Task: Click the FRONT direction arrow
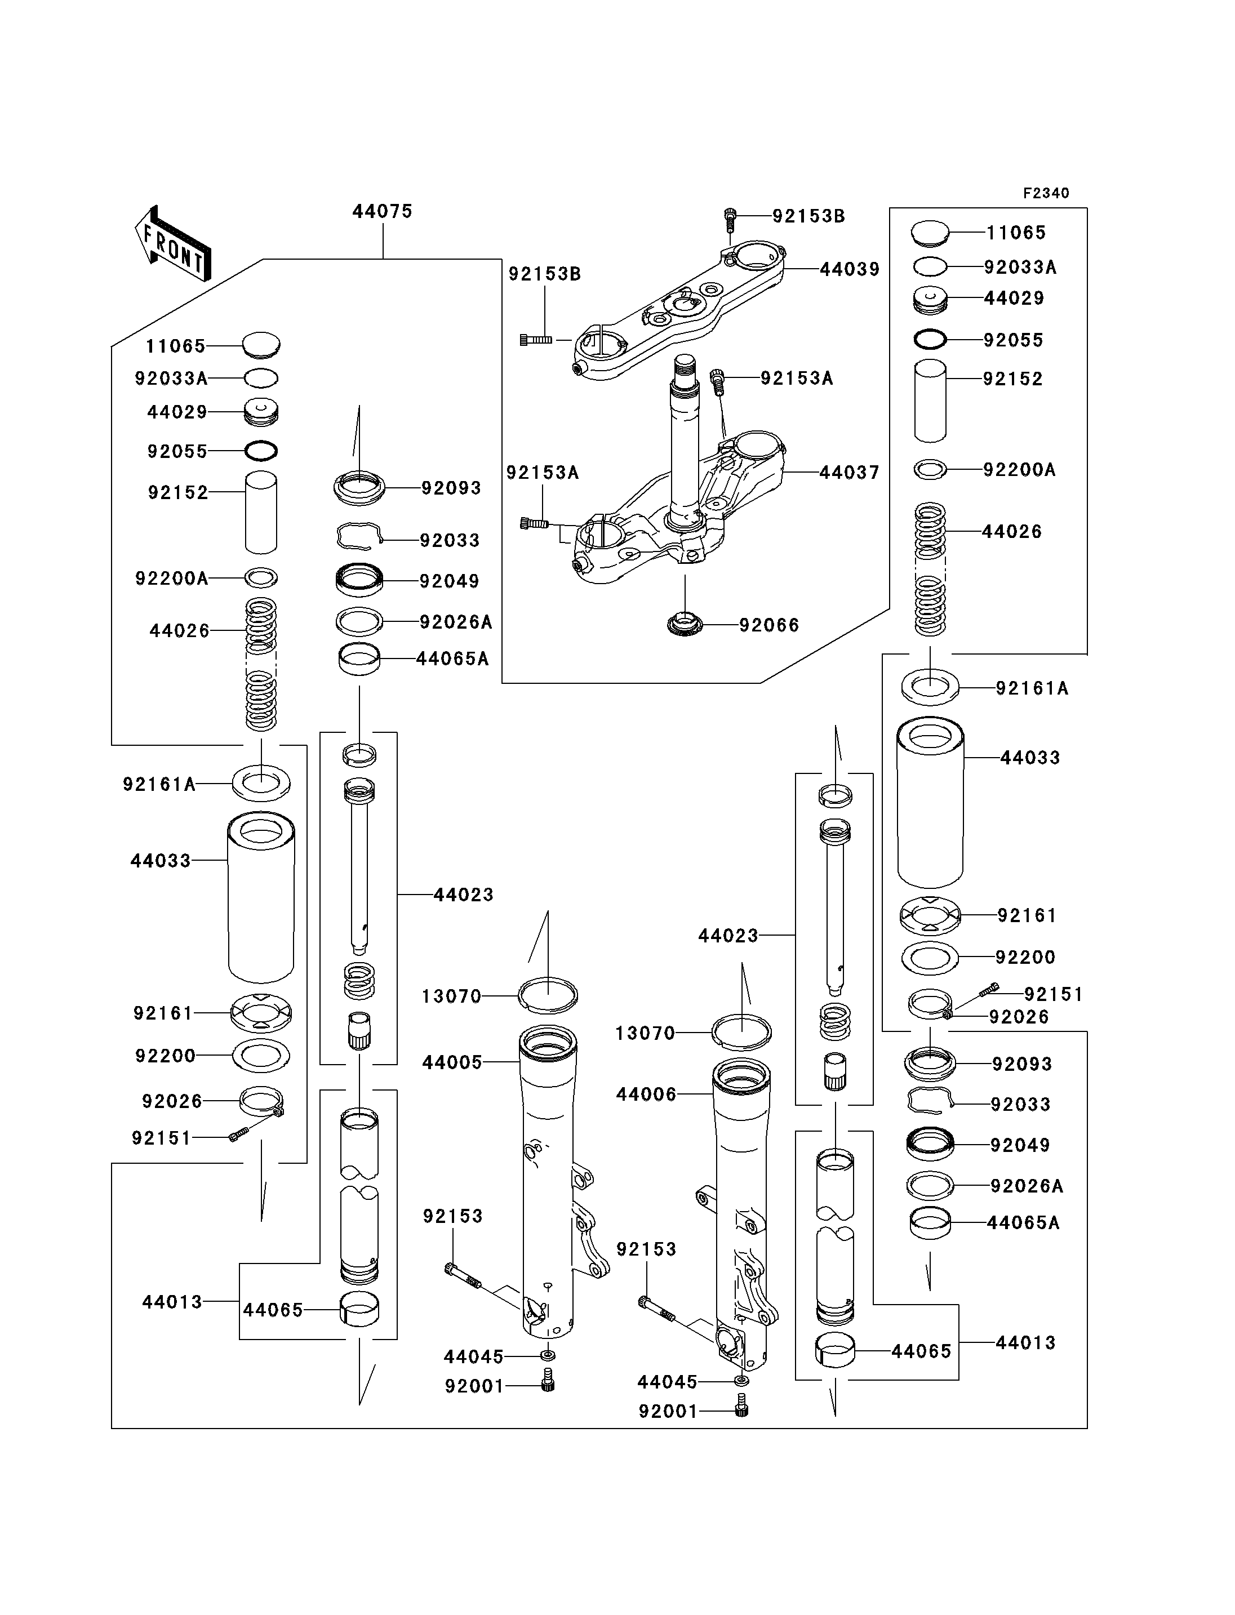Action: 174,244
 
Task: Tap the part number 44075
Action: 382,212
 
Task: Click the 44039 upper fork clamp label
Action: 850,270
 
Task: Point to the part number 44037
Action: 850,473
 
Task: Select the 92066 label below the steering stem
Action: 769,626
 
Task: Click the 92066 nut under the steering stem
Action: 685,625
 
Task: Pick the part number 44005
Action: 452,1062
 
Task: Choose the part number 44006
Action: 646,1095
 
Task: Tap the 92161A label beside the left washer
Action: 159,785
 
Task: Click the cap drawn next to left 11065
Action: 261,345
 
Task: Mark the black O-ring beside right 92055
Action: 930,339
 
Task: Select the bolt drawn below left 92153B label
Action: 536,340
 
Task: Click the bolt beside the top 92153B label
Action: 729,216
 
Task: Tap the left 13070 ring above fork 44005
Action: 548,995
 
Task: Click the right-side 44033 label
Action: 1030,758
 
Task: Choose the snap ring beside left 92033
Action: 359,537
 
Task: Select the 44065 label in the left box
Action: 273,1311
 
